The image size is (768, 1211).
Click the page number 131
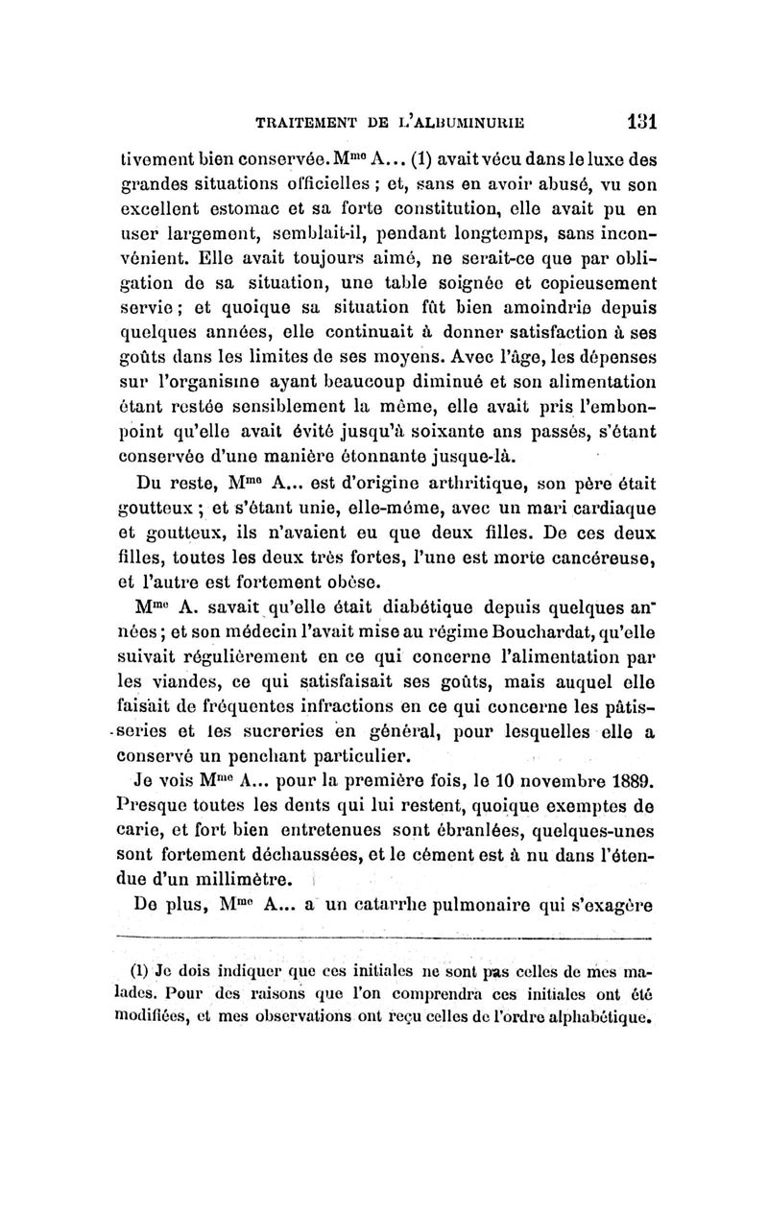point(636,123)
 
